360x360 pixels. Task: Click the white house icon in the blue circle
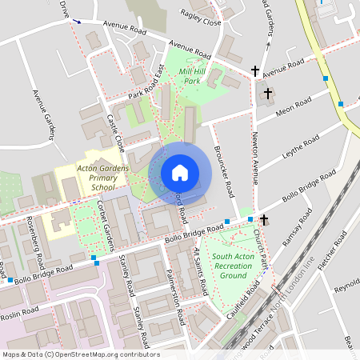[179, 172]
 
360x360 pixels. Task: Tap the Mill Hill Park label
[191, 76]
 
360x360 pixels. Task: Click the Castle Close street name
[116, 133]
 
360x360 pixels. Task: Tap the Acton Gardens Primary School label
[102, 177]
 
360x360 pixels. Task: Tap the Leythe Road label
[300, 148]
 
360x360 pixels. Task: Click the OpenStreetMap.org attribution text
[104, 354]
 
